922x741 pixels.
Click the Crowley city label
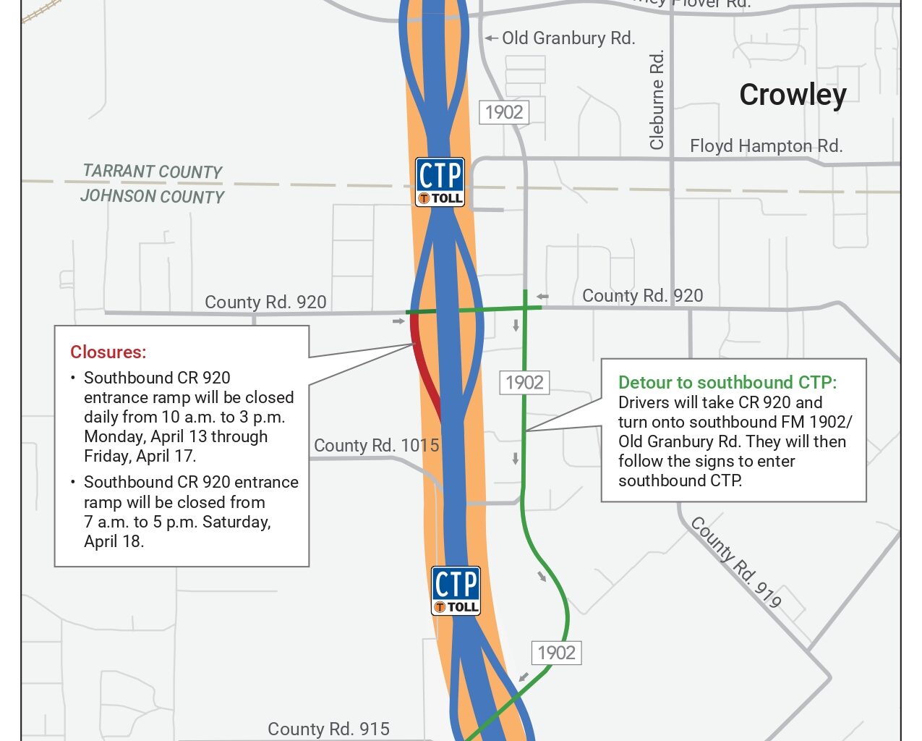(793, 95)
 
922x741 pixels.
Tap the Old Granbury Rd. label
(568, 38)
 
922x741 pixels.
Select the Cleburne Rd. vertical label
(657, 100)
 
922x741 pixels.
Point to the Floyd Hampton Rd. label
(766, 146)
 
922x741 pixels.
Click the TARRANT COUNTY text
(153, 172)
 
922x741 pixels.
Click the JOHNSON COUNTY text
(153, 196)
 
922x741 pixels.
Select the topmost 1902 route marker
(504, 112)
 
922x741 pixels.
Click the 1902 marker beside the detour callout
(524, 382)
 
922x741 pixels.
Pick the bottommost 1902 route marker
(556, 653)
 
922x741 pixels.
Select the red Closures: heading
(108, 352)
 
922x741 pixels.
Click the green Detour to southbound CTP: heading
(727, 383)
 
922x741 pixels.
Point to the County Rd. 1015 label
(376, 446)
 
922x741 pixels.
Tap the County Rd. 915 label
(328, 729)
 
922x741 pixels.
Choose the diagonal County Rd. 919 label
(736, 562)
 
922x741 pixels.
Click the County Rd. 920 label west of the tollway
(265, 302)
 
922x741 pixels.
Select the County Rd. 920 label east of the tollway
(642, 296)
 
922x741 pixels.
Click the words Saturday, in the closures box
(235, 522)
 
